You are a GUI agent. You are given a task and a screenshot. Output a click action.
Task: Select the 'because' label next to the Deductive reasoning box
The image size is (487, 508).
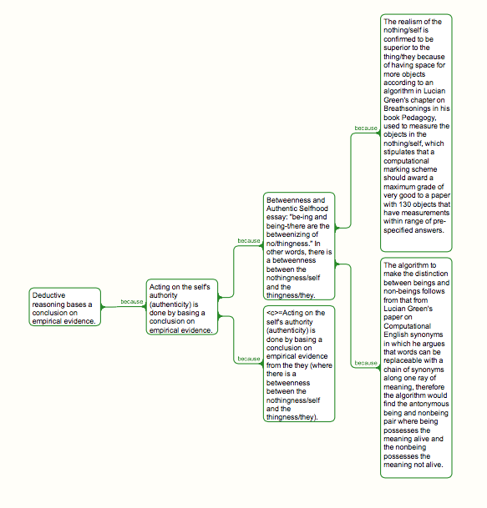[132, 302]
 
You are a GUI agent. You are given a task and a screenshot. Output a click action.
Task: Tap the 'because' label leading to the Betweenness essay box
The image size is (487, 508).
[249, 241]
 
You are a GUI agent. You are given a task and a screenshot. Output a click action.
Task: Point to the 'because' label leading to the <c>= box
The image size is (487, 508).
[249, 359]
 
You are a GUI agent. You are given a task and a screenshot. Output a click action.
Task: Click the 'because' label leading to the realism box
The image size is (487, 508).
[366, 128]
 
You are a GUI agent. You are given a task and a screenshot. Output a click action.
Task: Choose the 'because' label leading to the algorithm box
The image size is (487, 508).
[366, 363]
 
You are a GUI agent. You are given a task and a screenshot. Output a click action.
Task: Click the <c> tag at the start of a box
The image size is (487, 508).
[272, 313]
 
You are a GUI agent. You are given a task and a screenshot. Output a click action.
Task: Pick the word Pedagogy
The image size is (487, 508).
[419, 118]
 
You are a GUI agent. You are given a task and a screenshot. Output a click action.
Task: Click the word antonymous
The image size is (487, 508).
[429, 404]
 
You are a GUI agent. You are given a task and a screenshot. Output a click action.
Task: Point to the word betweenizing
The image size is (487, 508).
[287, 234]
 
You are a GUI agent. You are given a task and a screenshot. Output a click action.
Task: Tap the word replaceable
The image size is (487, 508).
[402, 360]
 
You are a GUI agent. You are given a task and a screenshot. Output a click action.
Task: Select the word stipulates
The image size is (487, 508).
[400, 152]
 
